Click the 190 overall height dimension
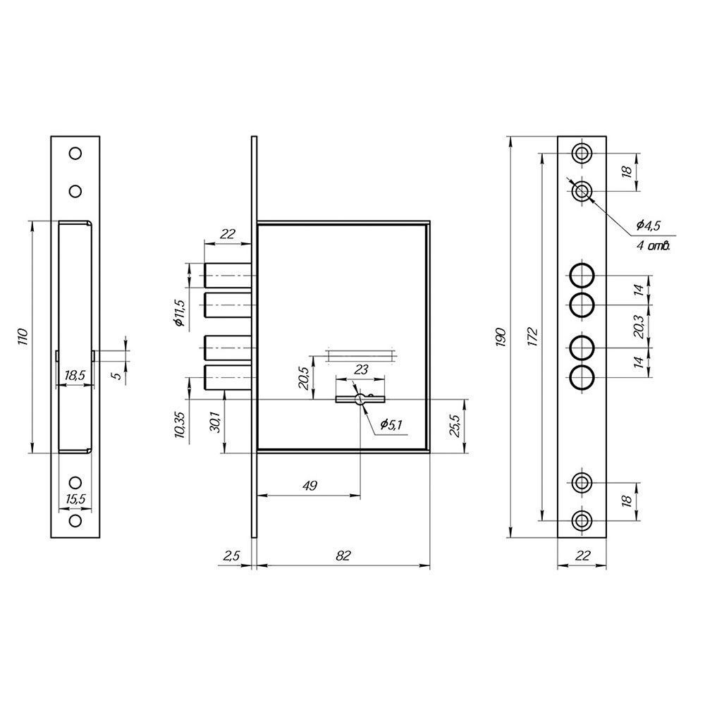click(x=502, y=338)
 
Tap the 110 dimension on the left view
click(x=23, y=337)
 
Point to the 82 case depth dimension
click(x=343, y=556)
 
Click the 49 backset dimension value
click(x=310, y=486)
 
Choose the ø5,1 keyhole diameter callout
click(x=391, y=424)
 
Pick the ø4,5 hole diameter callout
click(x=649, y=226)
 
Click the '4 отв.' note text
click(x=654, y=245)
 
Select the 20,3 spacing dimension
click(x=638, y=326)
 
